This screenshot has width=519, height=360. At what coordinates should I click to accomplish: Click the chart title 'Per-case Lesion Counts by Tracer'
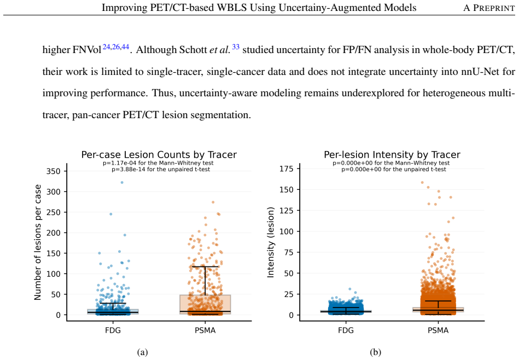[159, 155]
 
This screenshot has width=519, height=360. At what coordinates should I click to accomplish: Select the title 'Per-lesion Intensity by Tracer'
[392, 155]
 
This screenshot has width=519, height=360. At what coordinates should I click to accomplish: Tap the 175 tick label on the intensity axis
[287, 169]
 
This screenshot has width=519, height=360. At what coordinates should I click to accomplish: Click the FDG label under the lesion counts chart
[113, 330]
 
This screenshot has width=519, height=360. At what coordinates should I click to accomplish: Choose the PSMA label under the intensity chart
[438, 330]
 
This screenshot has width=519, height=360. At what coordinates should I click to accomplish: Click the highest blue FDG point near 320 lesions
[122, 183]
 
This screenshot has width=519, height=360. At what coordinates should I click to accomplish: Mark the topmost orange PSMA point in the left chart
[213, 202]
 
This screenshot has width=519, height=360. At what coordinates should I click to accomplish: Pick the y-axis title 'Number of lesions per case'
[38, 242]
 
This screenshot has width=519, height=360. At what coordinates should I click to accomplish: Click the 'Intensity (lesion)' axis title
[271, 242]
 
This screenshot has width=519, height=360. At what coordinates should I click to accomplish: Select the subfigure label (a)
[142, 352]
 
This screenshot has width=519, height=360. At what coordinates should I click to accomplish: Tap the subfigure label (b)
[376, 352]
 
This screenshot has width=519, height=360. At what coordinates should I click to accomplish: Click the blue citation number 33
[236, 47]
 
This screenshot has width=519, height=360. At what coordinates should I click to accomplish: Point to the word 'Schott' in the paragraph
[193, 50]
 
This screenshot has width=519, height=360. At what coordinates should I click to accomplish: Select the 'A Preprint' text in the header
[489, 8]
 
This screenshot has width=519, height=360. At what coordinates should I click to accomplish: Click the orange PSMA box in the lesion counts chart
[205, 304]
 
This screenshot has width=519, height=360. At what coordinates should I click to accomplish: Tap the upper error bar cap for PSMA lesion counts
[205, 266]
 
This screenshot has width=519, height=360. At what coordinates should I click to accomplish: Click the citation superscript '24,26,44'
[116, 47]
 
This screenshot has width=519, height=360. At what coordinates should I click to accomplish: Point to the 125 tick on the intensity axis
[287, 211]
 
